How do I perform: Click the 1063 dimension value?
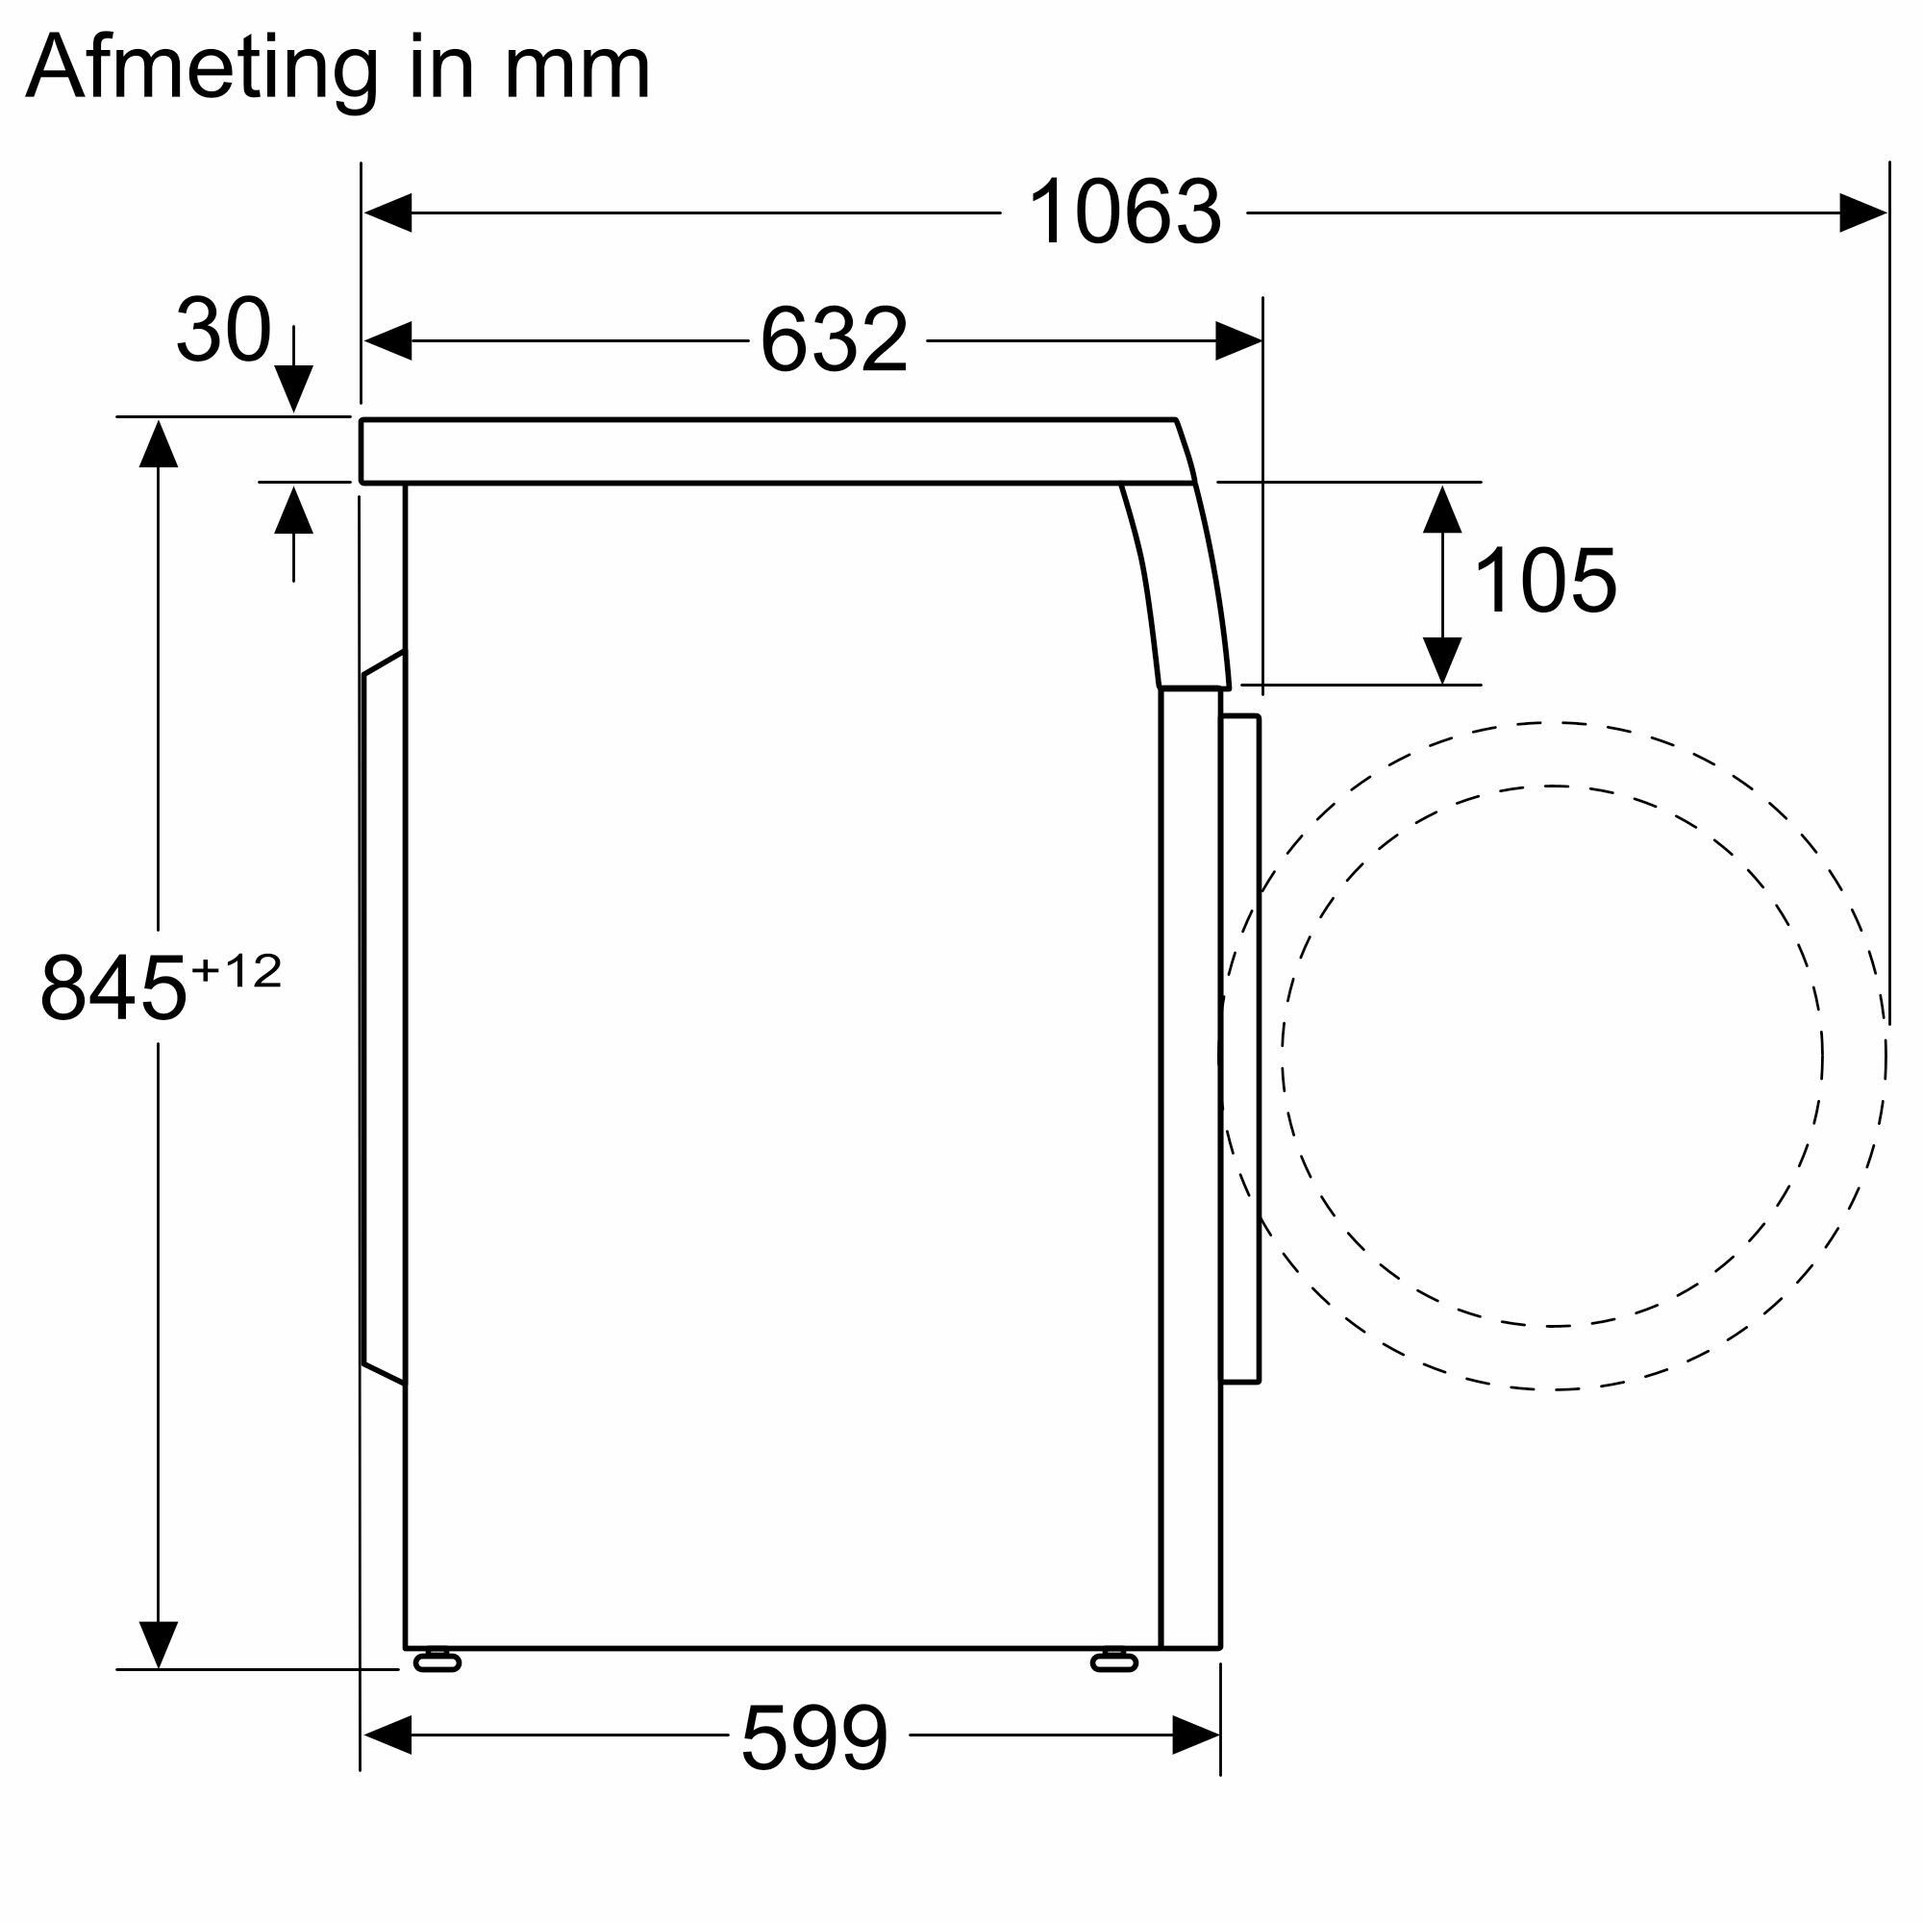tap(1124, 212)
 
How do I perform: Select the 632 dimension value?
tap(834, 340)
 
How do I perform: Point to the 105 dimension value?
tap(1545, 582)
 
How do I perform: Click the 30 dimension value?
tap(223, 330)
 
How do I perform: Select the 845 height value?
tap(113, 988)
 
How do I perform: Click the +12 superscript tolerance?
tap(237, 971)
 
